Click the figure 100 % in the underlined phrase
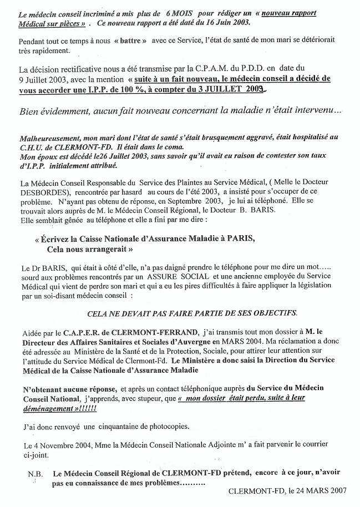tap(146, 89)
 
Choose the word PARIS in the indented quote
tap(241, 239)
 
